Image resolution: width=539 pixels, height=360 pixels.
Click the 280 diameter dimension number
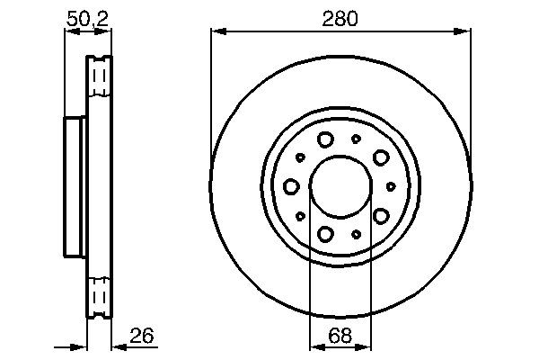(x=340, y=17)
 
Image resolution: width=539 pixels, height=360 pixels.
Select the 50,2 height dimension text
(x=88, y=17)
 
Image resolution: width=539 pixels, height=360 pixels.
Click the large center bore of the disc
(x=340, y=186)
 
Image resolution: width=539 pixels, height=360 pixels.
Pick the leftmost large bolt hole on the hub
(x=291, y=186)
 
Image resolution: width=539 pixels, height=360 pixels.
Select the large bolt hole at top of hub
(x=325, y=139)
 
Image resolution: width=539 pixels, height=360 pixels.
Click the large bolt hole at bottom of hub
(x=325, y=234)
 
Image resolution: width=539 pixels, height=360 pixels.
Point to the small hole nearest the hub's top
(x=356, y=139)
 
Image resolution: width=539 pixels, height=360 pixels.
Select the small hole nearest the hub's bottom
(x=356, y=234)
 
